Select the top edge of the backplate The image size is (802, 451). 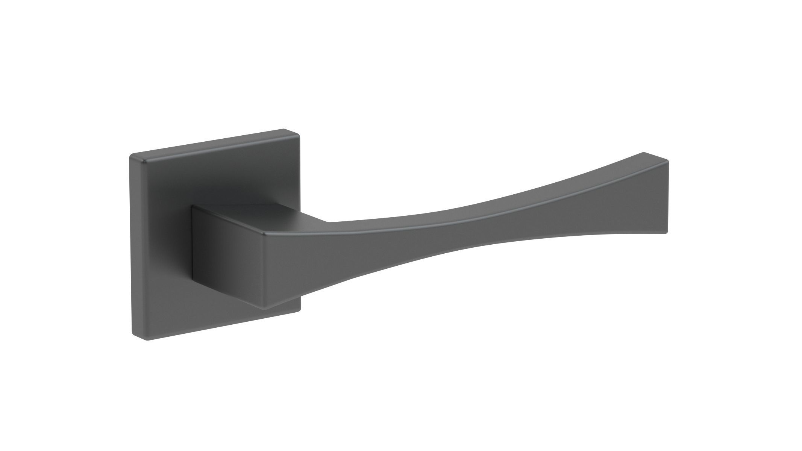(x=214, y=143)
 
